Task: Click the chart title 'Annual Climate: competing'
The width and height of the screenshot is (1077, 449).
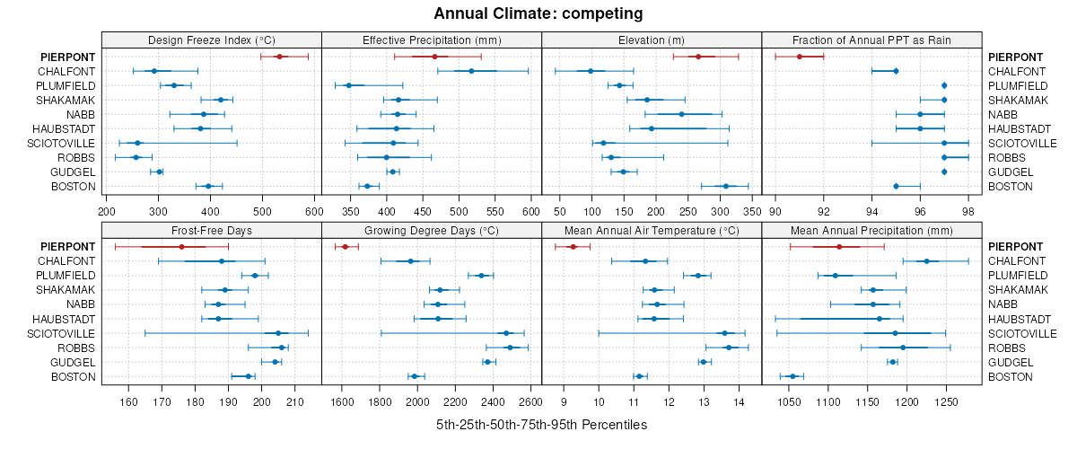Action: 538,13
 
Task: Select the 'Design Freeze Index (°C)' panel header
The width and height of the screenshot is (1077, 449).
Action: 211,40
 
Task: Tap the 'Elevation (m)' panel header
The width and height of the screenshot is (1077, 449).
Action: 652,40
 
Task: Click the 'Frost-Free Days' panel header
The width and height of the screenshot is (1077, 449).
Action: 211,230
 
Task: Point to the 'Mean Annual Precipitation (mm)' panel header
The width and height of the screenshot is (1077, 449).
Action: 871,230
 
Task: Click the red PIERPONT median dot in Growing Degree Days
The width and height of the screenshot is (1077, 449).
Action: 345,247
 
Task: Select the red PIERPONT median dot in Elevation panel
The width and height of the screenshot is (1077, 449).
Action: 698,57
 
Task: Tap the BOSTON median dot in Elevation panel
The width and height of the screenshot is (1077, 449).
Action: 726,186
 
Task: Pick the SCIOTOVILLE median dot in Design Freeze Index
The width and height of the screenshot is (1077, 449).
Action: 137,143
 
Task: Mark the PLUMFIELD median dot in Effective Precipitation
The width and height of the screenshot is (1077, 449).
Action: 348,85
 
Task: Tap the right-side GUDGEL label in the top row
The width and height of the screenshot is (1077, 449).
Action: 1010,172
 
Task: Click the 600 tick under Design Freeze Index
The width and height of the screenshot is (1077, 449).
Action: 314,211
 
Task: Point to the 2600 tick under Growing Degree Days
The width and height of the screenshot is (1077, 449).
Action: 530,401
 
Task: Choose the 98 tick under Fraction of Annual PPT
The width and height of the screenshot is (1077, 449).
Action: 968,211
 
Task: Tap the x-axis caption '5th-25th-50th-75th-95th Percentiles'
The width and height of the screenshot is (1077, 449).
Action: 541,424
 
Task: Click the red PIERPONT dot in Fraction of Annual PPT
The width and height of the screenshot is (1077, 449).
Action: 800,57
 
